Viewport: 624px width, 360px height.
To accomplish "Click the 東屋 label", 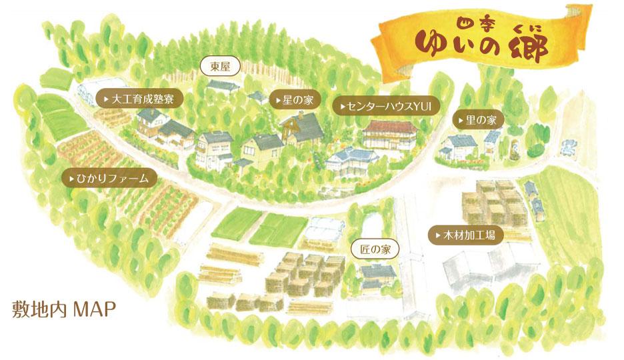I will (220, 66).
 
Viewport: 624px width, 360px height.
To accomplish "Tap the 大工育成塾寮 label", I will (139, 98).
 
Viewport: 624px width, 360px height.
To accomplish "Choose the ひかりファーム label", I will (109, 179).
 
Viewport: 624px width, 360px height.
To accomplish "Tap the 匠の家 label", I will (375, 250).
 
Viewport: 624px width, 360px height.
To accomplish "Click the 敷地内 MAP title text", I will (64, 309).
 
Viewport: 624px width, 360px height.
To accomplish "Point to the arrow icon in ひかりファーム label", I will (71, 179).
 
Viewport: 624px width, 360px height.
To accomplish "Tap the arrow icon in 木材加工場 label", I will (437, 235).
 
